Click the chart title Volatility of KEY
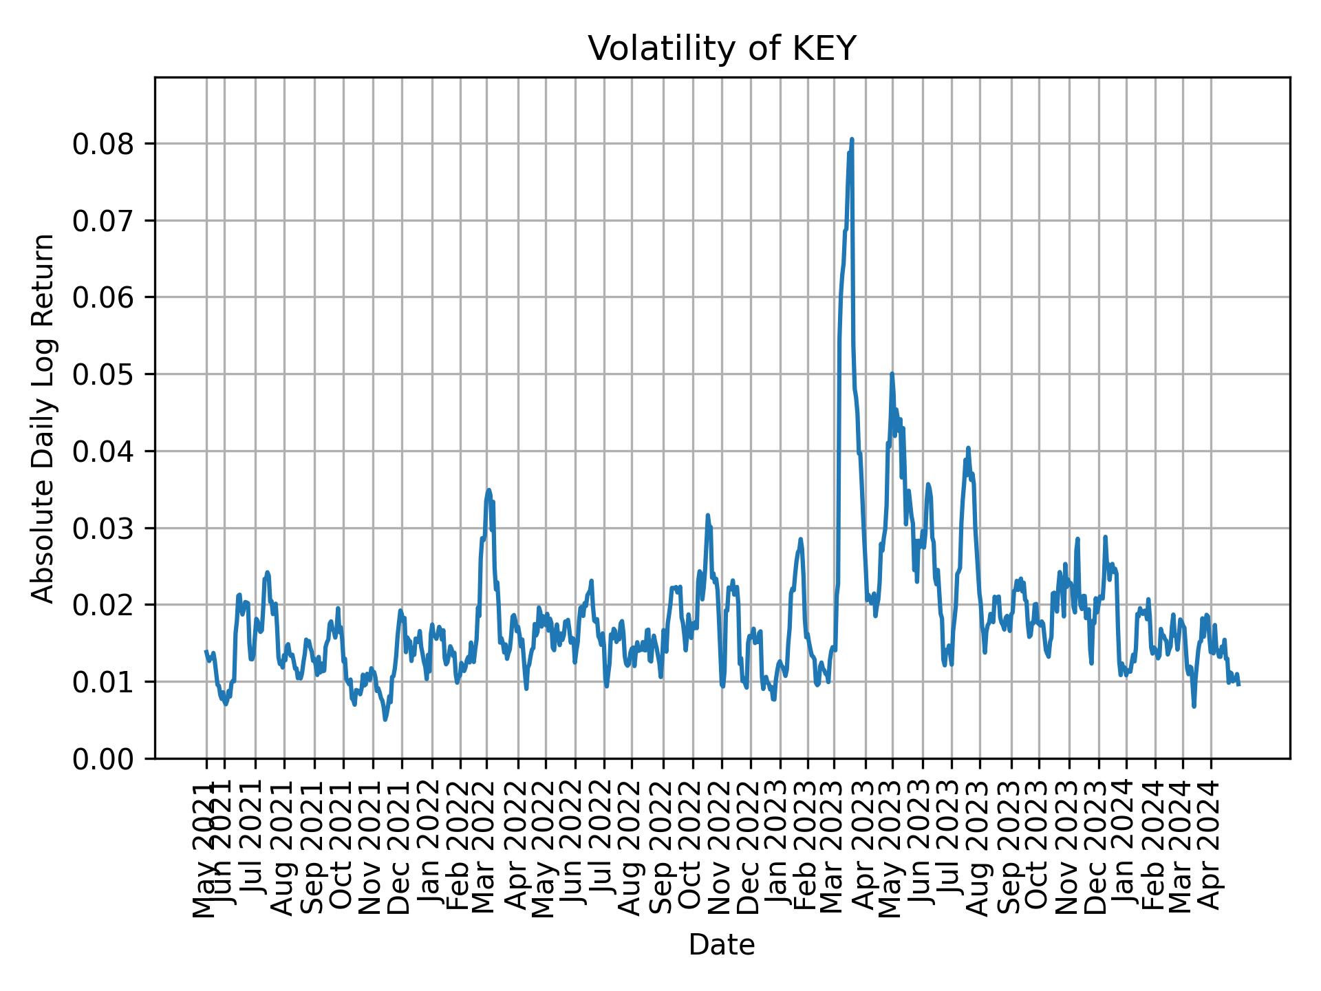pos(722,49)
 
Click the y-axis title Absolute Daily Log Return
pos(43,418)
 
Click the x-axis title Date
pos(722,945)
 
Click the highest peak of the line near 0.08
pos(852,140)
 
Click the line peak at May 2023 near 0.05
pos(892,374)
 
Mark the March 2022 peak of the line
pos(488,490)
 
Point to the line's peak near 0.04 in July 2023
pos(968,448)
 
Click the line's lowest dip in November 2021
pos(385,720)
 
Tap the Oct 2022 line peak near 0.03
pos(707,515)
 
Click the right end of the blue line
pos(1239,685)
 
